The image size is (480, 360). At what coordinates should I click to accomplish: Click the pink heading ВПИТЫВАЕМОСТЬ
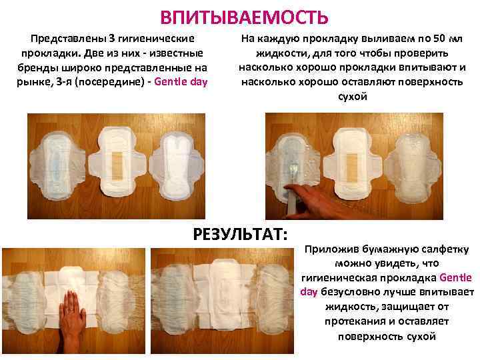tap(244, 17)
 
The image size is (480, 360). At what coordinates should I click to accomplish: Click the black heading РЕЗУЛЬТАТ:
tap(240, 235)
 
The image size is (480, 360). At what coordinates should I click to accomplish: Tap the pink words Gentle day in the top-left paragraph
tap(181, 82)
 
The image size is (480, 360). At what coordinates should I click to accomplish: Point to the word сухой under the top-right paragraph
tap(353, 97)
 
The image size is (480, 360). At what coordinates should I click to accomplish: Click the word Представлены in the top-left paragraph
tap(69, 39)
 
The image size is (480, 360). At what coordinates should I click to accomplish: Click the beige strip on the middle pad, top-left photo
tap(117, 165)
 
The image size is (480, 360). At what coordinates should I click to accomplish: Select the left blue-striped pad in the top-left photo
tap(57, 165)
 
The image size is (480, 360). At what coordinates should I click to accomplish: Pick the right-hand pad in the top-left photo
tap(176, 165)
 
